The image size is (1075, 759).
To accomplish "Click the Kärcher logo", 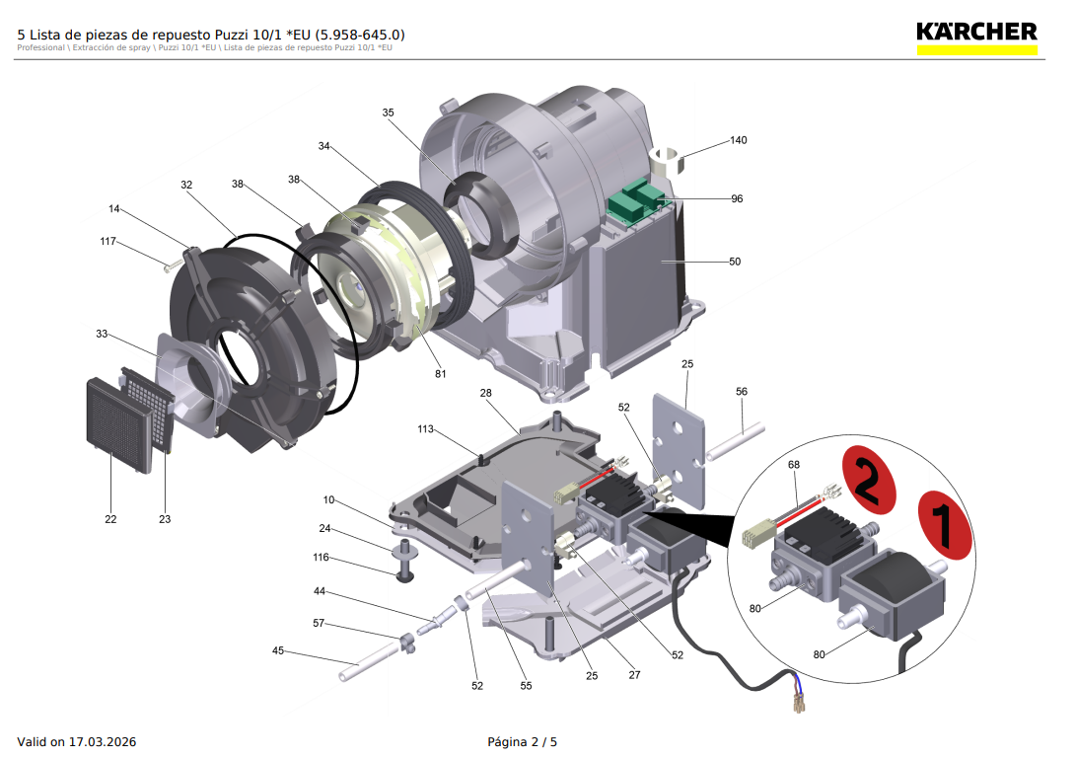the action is pos(976,38).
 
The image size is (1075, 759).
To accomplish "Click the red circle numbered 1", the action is pos(945,525).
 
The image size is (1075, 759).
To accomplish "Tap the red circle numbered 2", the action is pos(869,480).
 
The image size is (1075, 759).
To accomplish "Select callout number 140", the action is pos(739,140).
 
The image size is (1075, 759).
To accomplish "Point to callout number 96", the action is pos(737,198).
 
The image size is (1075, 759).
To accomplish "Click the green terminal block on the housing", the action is pos(635,200).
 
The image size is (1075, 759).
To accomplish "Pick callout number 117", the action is pos(108,241).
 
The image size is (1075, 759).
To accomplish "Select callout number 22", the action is pos(110,519).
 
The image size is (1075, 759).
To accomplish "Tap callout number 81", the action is pos(440,373).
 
